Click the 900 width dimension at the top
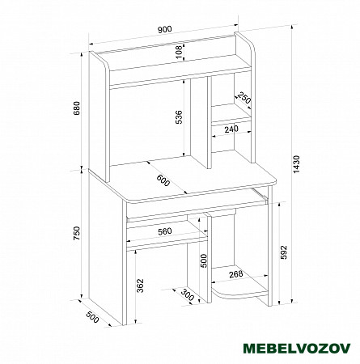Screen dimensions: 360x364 pyautogui.click(x=165, y=29)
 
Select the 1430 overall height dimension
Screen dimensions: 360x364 pyautogui.click(x=296, y=164)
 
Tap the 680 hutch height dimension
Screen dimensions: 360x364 pyautogui.click(x=77, y=108)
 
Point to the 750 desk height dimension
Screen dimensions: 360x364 pyautogui.click(x=77, y=233)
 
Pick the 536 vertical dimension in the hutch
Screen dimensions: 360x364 pyautogui.click(x=179, y=116)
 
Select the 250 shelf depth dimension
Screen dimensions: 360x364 pyautogui.click(x=244, y=98)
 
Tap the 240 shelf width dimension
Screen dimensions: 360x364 pyautogui.click(x=231, y=129)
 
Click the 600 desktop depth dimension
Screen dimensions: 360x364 pyautogui.click(x=163, y=180)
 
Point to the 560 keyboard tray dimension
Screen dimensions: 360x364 pyautogui.click(x=165, y=231)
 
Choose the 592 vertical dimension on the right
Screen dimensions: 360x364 pyautogui.click(x=284, y=252)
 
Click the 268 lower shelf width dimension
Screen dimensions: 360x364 pyautogui.click(x=236, y=274)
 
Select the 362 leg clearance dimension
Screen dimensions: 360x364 pyautogui.click(x=141, y=286)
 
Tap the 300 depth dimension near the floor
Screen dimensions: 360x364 pyautogui.click(x=188, y=294)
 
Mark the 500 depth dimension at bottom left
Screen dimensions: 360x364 pyautogui.click(x=93, y=317)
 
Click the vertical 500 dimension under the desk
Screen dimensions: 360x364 pyautogui.click(x=204, y=260)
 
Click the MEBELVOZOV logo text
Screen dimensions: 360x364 pyautogui.click(x=297, y=348)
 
